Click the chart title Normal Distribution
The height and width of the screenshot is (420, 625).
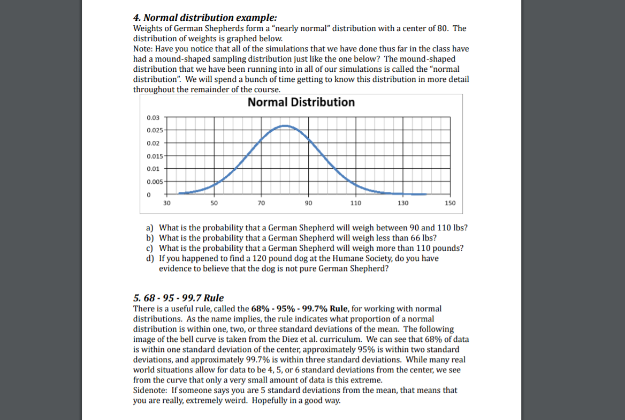[301, 102]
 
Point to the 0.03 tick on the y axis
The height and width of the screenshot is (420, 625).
[153, 117]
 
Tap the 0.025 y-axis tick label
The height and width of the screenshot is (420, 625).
[154, 130]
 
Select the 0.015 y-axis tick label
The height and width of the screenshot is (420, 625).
[154, 156]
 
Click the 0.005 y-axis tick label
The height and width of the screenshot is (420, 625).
[154, 182]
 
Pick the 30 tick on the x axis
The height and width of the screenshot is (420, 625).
[167, 204]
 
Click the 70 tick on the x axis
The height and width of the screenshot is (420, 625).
[261, 204]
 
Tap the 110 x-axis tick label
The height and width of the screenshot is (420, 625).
[355, 204]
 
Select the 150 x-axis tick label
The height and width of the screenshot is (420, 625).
[450, 204]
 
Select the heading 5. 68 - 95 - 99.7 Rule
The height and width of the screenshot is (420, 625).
[178, 298]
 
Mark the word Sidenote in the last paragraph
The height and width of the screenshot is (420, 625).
[149, 391]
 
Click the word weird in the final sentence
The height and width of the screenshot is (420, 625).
[233, 401]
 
